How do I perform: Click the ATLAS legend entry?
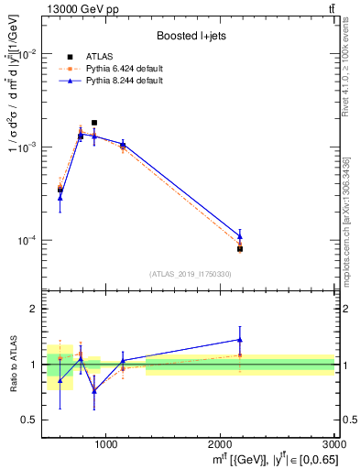point(104,57)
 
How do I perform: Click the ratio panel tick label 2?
point(31,309)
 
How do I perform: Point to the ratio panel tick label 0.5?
point(27,420)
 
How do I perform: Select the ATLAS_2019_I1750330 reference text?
point(191,274)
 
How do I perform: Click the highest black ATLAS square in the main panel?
point(94,123)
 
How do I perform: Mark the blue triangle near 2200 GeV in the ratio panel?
point(240,340)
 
